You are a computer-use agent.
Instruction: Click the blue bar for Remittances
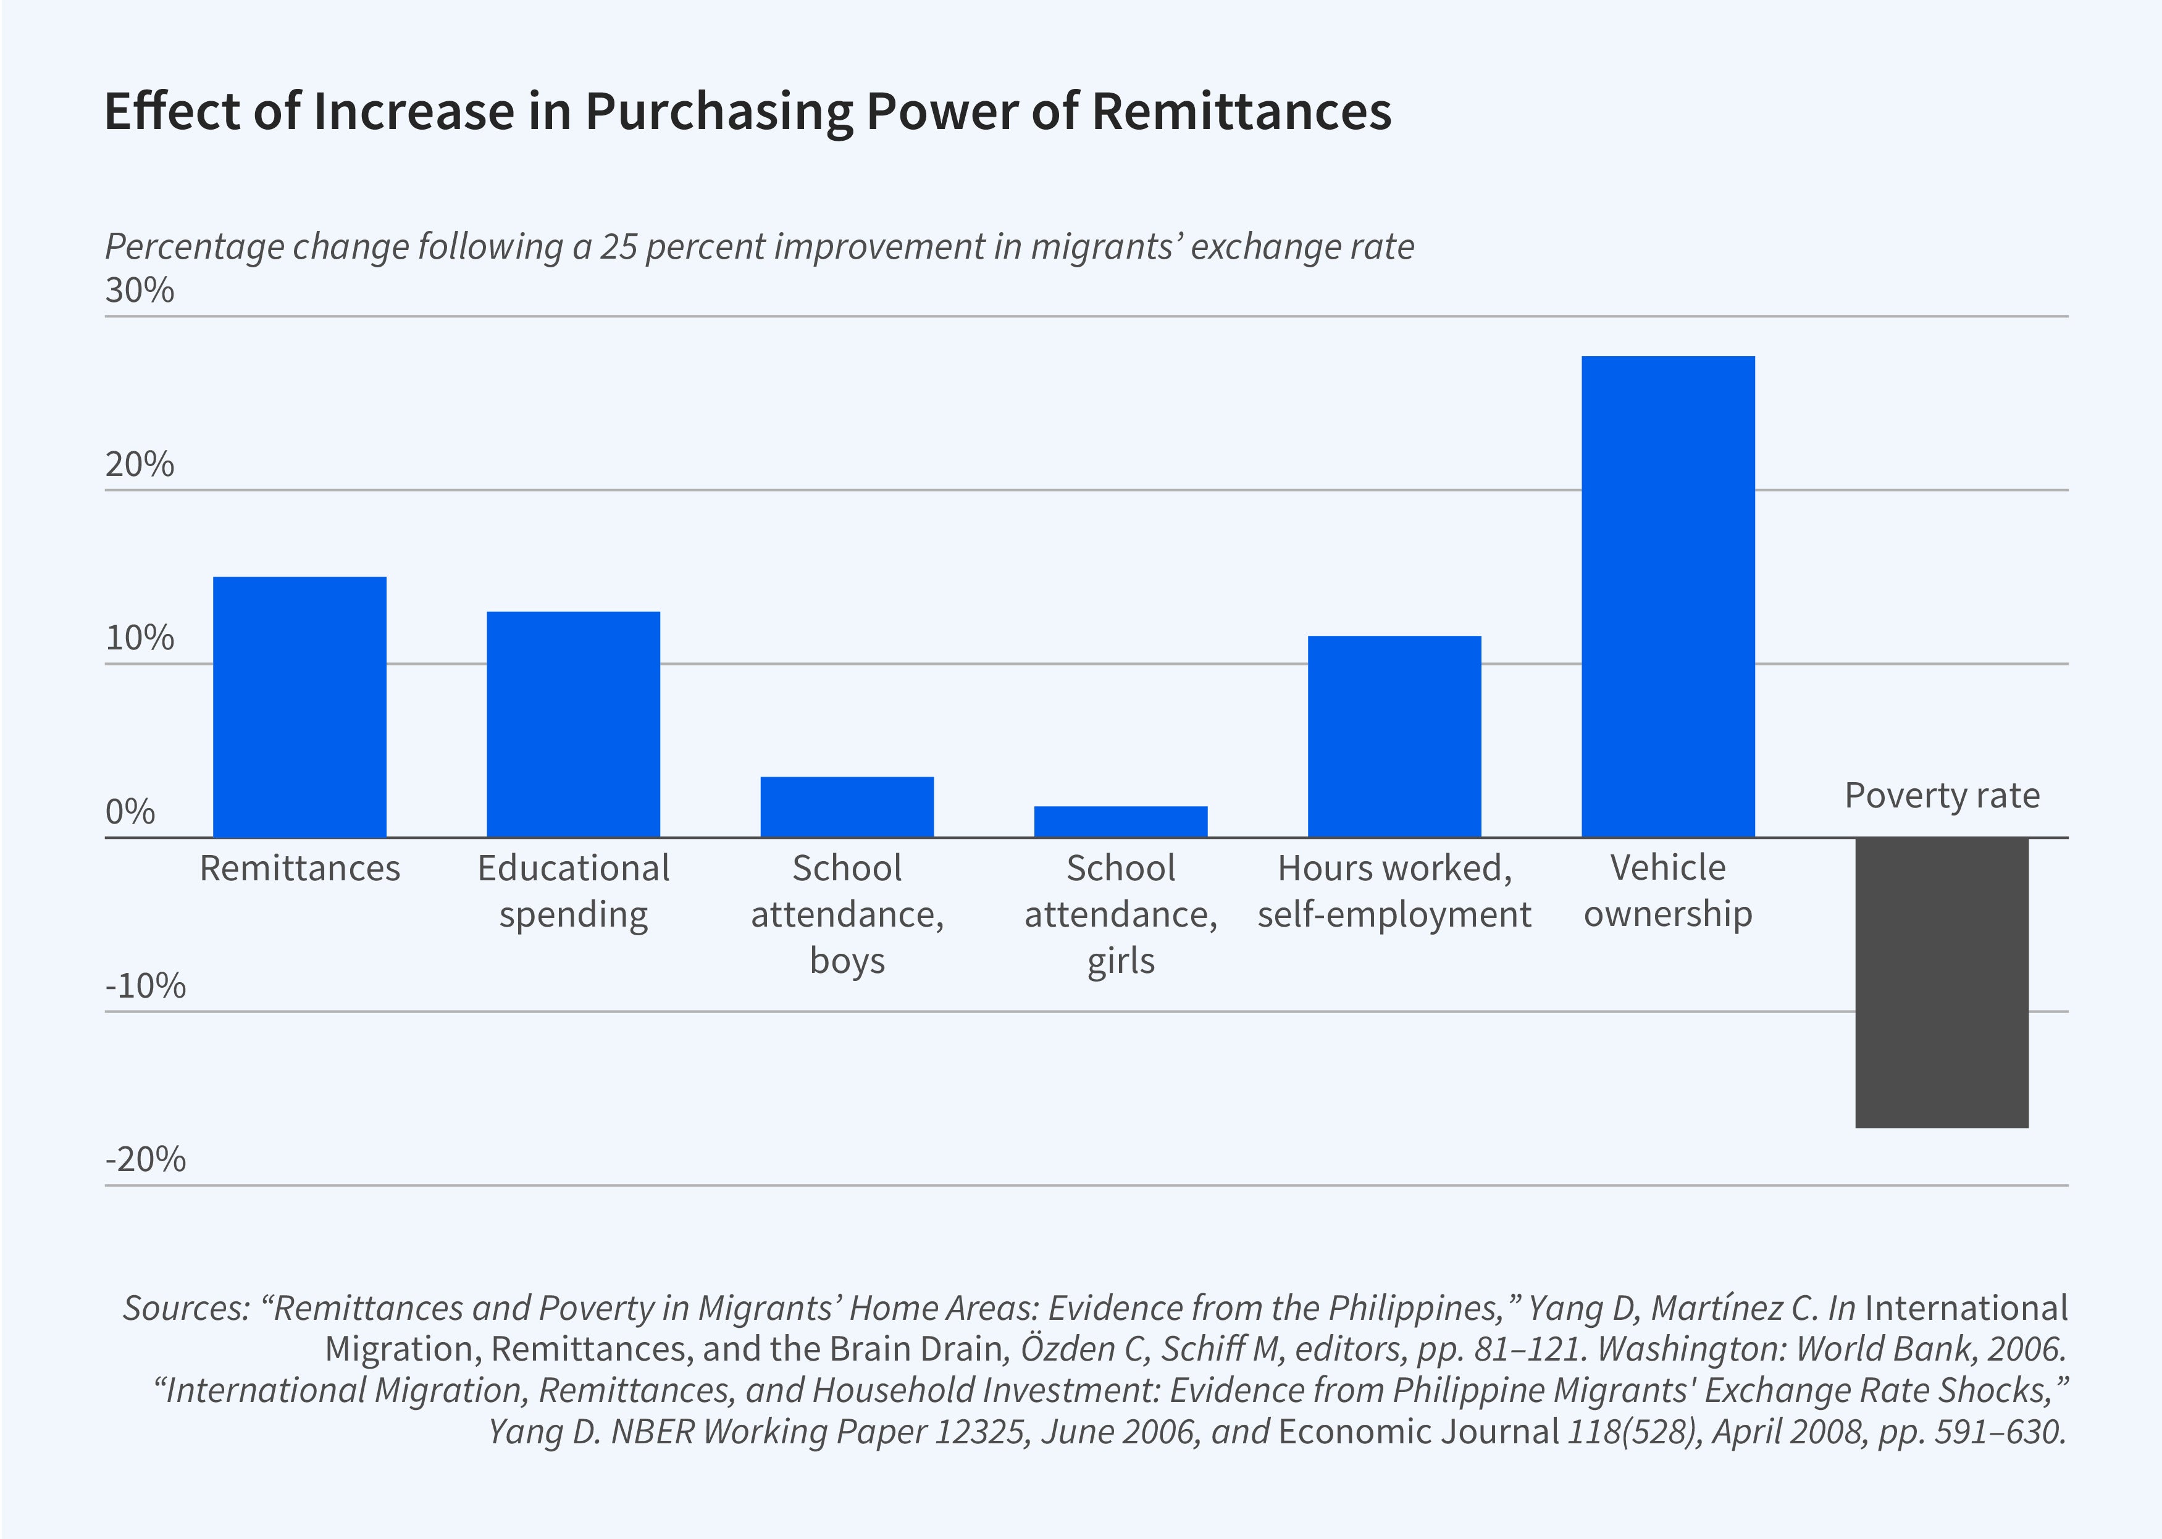[300, 707]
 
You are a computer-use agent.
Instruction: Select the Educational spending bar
[574, 724]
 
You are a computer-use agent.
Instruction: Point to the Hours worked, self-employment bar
[1394, 736]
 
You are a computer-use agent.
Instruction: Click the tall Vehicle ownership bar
[1668, 597]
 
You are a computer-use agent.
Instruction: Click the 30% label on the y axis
[140, 290]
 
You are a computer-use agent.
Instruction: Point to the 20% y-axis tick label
[140, 464]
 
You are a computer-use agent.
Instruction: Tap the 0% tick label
[130, 812]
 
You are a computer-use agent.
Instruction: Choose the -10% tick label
[145, 986]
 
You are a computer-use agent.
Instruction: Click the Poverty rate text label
[1941, 795]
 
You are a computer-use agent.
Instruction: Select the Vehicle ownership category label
[1668, 891]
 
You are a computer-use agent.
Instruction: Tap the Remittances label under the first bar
[300, 868]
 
